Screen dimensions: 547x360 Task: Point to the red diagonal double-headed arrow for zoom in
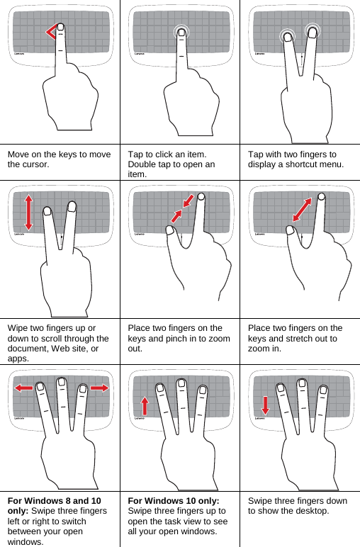point(302,210)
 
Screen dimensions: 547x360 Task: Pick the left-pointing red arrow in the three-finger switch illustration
point(23,388)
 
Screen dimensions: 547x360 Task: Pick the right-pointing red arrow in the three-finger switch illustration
point(100,388)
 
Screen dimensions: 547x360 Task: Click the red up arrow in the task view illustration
point(145,406)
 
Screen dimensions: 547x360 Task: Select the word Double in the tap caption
point(144,164)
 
